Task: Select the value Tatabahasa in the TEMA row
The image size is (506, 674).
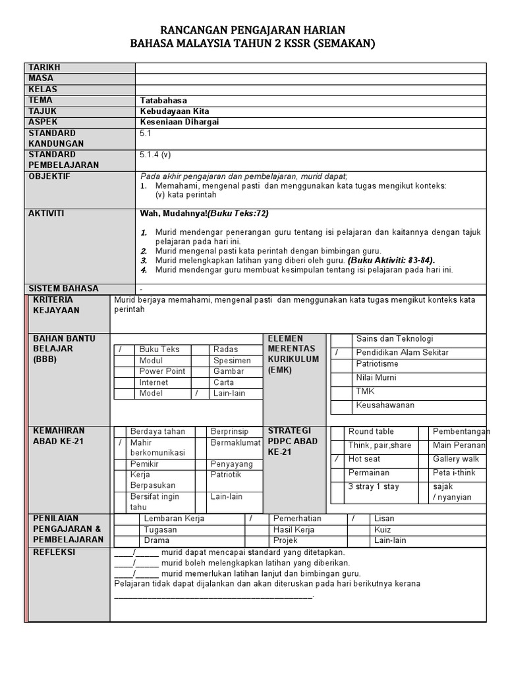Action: [x=163, y=100]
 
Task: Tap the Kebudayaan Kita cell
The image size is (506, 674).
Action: [x=175, y=111]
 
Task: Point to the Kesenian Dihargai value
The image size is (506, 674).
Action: [x=179, y=122]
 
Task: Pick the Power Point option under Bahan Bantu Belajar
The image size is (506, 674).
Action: [x=162, y=371]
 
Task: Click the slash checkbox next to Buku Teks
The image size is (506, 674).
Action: [x=121, y=350]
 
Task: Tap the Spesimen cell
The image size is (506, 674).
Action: [x=232, y=361]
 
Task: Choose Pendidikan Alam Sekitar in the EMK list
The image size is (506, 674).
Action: [x=402, y=352]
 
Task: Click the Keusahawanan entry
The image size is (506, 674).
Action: [x=385, y=405]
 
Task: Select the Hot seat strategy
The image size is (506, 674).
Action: [x=364, y=459]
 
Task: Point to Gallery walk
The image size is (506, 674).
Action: [x=456, y=459]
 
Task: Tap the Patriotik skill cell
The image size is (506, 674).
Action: [x=225, y=474]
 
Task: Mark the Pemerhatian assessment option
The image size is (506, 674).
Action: [x=297, y=519]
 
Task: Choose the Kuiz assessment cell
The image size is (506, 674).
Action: [x=382, y=529]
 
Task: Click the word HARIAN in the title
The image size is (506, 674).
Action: [x=322, y=30]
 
